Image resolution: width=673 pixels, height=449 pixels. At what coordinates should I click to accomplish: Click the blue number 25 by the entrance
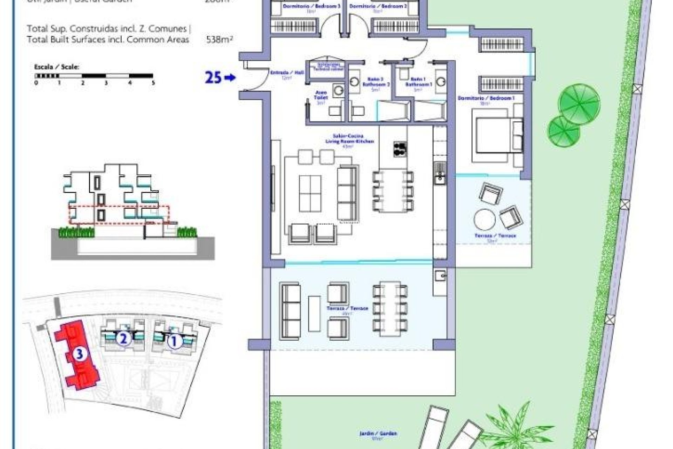(213, 78)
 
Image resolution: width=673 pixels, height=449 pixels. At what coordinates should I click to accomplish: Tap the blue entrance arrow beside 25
(230, 78)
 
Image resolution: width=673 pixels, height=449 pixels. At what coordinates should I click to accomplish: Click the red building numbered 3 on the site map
(78, 354)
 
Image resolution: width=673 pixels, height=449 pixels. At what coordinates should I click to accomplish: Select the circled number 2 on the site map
(123, 339)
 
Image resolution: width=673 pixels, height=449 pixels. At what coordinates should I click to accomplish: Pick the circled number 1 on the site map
(173, 341)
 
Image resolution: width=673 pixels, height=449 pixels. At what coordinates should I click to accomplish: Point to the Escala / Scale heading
(56, 67)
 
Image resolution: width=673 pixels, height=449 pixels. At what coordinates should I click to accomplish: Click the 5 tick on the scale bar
(153, 83)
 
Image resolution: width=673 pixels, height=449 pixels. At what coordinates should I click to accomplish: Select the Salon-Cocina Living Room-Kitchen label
(349, 139)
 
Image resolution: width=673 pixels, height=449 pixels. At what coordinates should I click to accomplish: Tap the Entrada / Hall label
(287, 73)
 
